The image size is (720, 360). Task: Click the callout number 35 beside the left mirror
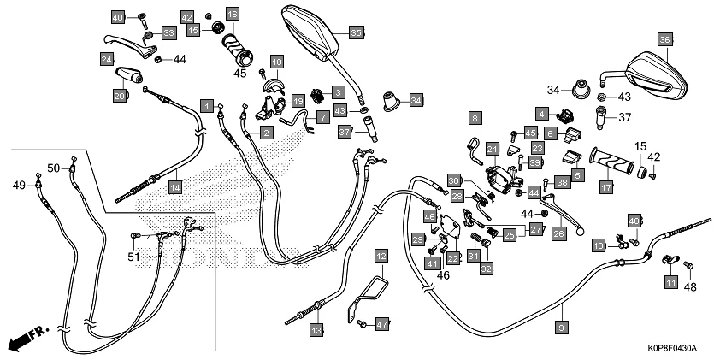[357, 32]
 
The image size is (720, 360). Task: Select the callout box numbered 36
[664, 38]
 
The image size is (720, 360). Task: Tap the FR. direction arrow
[27, 339]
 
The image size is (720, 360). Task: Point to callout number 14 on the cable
[174, 186]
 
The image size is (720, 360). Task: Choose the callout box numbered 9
[561, 327]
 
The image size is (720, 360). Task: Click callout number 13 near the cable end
[316, 329]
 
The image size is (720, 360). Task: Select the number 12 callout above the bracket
[381, 257]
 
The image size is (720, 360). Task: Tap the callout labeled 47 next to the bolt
[382, 324]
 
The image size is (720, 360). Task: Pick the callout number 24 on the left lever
[107, 58]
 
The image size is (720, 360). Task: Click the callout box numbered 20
[120, 97]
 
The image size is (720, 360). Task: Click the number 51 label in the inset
[133, 256]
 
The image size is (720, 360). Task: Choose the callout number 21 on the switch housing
[492, 150]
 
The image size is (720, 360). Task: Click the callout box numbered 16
[233, 15]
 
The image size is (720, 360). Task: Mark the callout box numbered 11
[670, 281]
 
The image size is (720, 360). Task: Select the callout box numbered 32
[486, 269]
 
